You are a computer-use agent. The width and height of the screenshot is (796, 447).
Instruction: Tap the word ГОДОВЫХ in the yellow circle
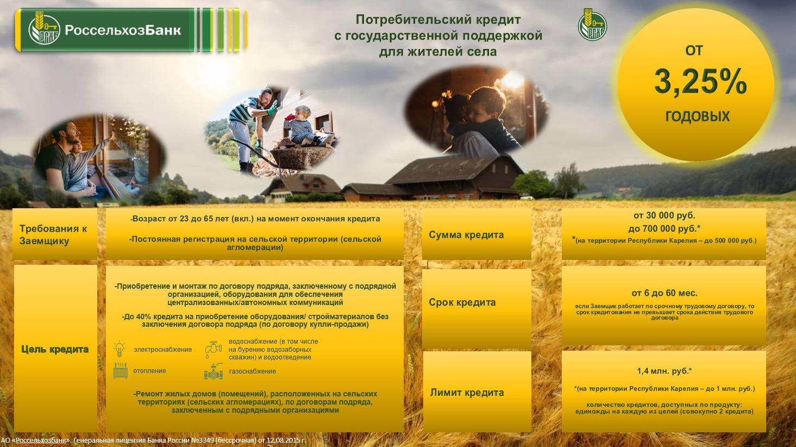(x=698, y=116)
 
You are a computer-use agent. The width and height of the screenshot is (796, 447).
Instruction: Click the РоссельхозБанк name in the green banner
(x=123, y=30)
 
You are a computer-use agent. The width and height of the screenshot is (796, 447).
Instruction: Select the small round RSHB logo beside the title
(x=592, y=24)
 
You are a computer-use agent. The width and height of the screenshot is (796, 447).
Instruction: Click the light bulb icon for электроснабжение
(x=120, y=349)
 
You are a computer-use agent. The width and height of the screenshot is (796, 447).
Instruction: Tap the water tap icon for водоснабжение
(x=213, y=350)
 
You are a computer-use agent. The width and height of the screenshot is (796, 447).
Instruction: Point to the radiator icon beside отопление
(x=121, y=371)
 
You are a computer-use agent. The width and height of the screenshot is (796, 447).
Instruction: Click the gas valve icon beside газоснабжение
(x=213, y=371)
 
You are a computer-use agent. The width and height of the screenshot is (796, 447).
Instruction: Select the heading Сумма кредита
(x=466, y=235)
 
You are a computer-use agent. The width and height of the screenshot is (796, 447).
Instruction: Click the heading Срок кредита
(x=462, y=302)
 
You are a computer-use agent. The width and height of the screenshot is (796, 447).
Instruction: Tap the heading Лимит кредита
(x=467, y=393)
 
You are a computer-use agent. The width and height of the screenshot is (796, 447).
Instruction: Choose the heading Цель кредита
(x=55, y=349)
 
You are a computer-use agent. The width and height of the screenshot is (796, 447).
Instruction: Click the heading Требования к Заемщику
(x=53, y=235)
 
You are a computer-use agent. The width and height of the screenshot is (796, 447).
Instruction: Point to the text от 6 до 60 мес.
(x=665, y=293)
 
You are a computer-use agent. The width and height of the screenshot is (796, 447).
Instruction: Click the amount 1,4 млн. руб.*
(x=664, y=371)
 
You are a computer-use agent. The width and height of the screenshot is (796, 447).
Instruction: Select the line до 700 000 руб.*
(x=664, y=228)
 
